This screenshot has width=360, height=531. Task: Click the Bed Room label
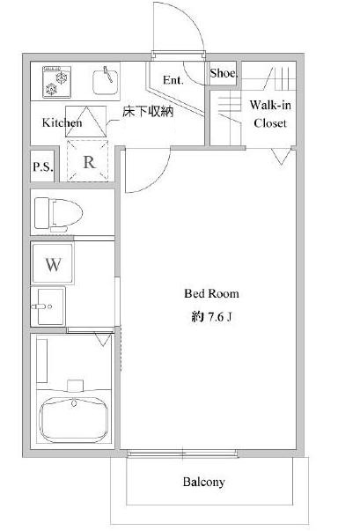(x=211, y=293)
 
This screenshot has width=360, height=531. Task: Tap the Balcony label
(x=203, y=482)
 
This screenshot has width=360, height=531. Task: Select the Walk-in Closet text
(x=270, y=114)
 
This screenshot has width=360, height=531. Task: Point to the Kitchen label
(x=62, y=122)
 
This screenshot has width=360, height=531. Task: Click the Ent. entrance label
(x=173, y=80)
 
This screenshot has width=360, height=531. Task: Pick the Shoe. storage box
(x=223, y=73)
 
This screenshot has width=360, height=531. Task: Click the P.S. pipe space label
(x=43, y=166)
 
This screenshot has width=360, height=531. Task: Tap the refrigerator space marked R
(x=88, y=161)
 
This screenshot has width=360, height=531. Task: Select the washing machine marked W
(x=53, y=264)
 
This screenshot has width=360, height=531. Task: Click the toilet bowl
(x=59, y=214)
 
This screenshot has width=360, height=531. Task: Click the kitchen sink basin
(x=106, y=82)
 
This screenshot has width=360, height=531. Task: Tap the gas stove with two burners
(x=56, y=82)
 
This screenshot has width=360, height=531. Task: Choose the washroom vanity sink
(x=48, y=306)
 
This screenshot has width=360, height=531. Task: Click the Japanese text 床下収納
(x=148, y=112)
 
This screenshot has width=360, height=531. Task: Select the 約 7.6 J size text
(x=211, y=317)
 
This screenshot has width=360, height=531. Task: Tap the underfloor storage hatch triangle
(x=85, y=122)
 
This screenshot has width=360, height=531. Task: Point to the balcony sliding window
(x=183, y=454)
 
